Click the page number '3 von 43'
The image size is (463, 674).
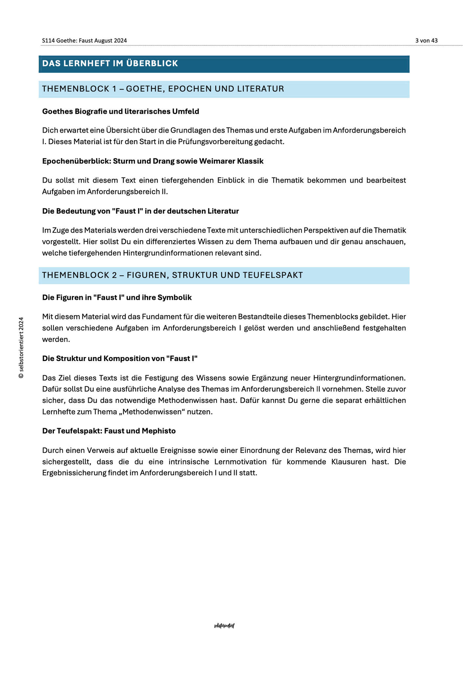(426, 41)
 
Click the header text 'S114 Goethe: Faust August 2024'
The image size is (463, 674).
(84, 41)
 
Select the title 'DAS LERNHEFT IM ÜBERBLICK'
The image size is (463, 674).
(110, 64)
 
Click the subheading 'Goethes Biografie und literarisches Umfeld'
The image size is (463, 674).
(121, 112)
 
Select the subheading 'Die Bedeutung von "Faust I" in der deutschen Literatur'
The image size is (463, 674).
(140, 211)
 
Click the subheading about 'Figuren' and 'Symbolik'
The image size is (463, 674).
(117, 298)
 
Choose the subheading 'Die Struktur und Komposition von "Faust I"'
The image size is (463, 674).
(120, 359)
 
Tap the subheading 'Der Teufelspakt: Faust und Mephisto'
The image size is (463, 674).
(109, 431)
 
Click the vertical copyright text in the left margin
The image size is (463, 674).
(21, 348)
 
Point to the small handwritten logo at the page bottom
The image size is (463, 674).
(224, 626)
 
